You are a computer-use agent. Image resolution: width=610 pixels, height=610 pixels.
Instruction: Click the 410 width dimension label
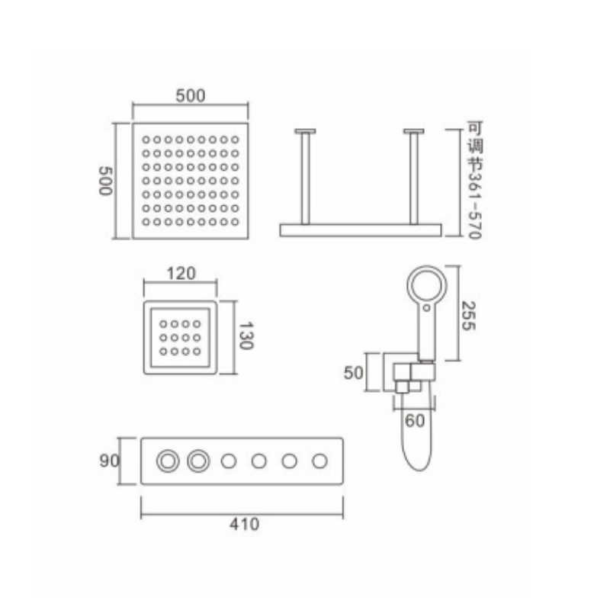(x=244, y=524)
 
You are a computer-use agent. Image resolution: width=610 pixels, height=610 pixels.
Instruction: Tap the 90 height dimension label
(x=109, y=461)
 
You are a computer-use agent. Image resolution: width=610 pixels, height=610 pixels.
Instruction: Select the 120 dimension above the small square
(x=181, y=274)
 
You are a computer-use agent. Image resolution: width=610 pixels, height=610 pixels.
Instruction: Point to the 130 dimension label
(x=246, y=335)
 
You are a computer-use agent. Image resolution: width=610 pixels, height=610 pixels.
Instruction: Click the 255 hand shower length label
(x=467, y=316)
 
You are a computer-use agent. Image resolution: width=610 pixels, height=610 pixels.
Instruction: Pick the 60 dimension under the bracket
(x=415, y=421)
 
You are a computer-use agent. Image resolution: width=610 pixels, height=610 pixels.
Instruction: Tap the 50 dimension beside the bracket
(x=353, y=373)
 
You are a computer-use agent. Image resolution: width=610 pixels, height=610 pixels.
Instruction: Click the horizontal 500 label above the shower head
(x=190, y=96)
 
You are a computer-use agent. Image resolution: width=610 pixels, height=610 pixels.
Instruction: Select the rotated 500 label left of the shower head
(x=105, y=181)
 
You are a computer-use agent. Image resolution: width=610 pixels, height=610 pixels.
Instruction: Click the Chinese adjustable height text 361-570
(x=474, y=180)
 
